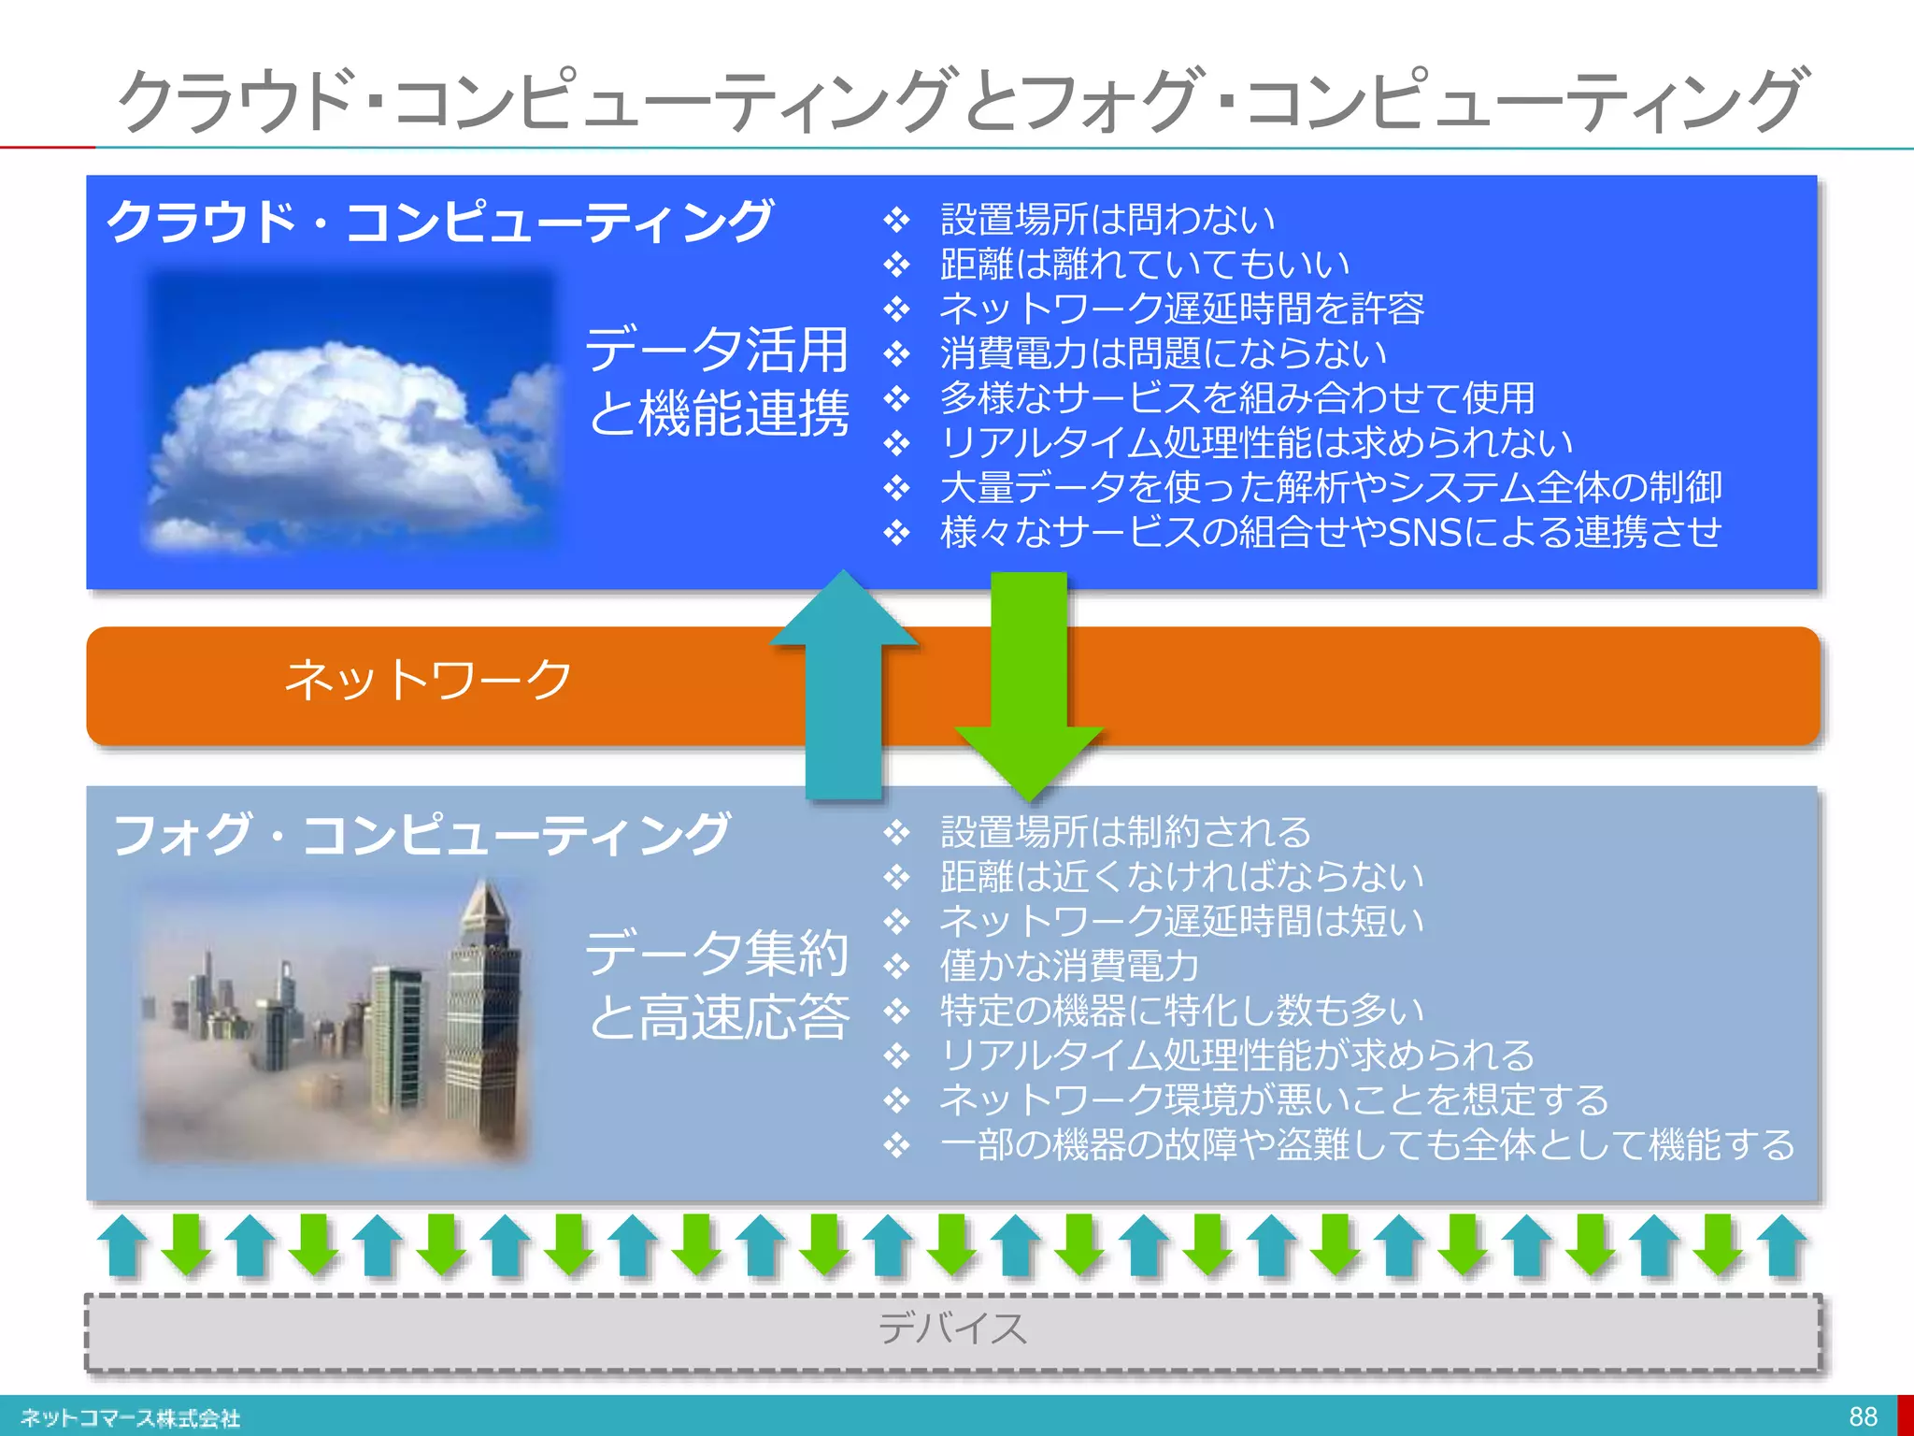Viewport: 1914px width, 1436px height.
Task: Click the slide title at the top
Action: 963,99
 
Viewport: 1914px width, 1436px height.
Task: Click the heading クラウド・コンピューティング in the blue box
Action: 439,223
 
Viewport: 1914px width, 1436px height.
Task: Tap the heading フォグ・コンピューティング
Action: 421,834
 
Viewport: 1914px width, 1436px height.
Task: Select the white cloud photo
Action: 350,411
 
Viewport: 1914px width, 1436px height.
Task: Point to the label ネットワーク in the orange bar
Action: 428,680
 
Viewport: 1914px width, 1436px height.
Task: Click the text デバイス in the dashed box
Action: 952,1328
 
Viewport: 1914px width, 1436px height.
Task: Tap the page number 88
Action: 1863,1416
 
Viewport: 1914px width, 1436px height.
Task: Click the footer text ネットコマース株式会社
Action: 130,1418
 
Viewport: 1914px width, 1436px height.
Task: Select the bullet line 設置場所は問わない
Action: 1107,220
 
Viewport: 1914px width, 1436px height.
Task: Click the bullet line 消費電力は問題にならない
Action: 1164,353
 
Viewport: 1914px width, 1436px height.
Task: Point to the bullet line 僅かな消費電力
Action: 1069,966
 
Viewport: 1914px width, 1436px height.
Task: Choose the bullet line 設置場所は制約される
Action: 1126,832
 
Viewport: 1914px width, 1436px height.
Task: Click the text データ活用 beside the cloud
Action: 717,350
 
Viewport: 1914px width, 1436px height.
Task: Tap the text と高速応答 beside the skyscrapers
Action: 719,1017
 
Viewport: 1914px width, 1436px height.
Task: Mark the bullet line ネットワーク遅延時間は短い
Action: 1181,922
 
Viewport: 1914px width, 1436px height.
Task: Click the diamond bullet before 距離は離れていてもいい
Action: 897,266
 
